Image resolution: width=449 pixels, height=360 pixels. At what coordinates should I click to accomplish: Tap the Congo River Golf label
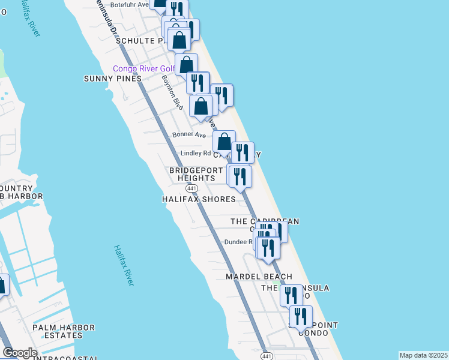pos(143,68)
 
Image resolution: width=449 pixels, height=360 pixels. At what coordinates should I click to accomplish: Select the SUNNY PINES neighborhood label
pos(113,79)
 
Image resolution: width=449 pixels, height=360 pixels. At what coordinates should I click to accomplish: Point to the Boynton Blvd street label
pos(172,92)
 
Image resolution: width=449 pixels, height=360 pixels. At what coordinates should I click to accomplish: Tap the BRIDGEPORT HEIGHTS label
pos(192,174)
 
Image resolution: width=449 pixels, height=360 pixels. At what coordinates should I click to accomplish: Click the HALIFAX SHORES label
pos(199,199)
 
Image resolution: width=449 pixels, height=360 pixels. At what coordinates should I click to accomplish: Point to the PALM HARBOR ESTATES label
pos(64,331)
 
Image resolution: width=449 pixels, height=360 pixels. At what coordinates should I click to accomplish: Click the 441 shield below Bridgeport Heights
pos(189,188)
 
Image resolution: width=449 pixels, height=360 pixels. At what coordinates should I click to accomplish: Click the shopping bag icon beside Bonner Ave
pos(224,142)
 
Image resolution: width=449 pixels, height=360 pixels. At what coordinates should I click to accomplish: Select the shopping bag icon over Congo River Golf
pos(187,65)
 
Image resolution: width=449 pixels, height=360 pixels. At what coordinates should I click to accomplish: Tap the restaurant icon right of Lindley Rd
pos(243,152)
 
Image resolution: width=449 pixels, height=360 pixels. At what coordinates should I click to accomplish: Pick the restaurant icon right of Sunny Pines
pos(197,82)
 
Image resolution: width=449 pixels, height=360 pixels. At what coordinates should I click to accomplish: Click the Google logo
pos(20,353)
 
